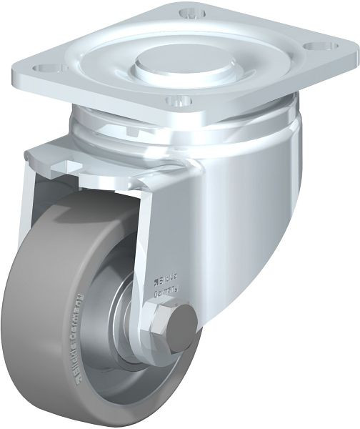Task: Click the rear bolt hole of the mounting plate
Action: (188, 13)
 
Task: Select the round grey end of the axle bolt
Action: (185, 320)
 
